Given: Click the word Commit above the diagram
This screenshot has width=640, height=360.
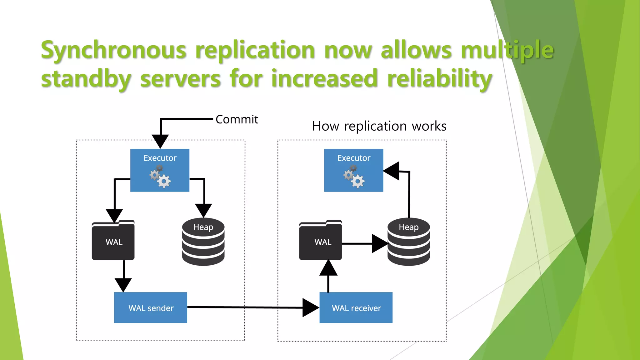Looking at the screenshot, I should pyautogui.click(x=237, y=119).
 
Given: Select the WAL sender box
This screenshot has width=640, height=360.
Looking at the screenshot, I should pyautogui.click(x=151, y=308).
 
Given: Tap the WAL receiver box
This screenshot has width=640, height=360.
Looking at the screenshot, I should pyautogui.click(x=356, y=308).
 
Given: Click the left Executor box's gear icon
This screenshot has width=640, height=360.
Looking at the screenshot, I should pyautogui.click(x=160, y=177).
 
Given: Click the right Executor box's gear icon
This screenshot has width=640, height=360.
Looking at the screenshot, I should pyautogui.click(x=354, y=177).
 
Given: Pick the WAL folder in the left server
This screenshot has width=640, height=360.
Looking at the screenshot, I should pyautogui.click(x=113, y=241).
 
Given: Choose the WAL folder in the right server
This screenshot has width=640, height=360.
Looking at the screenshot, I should pyautogui.click(x=320, y=241).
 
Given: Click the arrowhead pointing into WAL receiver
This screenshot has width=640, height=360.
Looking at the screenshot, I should pyautogui.click(x=310, y=308).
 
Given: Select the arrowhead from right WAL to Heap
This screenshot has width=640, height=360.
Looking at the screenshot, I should pyautogui.click(x=379, y=244).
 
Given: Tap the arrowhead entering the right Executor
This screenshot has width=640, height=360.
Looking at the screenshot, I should pyautogui.click(x=392, y=171).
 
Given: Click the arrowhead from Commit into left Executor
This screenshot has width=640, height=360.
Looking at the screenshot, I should pyautogui.click(x=160, y=141).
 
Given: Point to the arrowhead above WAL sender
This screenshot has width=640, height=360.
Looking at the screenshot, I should pyautogui.click(x=123, y=284).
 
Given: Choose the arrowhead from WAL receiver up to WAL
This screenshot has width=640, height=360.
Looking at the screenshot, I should pyautogui.click(x=328, y=268).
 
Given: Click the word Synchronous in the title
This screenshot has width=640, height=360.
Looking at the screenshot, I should pyautogui.click(x=114, y=50).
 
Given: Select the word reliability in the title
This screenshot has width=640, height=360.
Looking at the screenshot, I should pyautogui.click(x=439, y=79).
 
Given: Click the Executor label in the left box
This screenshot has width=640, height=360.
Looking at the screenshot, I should pyautogui.click(x=160, y=158).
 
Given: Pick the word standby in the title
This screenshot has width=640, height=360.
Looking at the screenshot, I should pyautogui.click(x=86, y=79).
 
